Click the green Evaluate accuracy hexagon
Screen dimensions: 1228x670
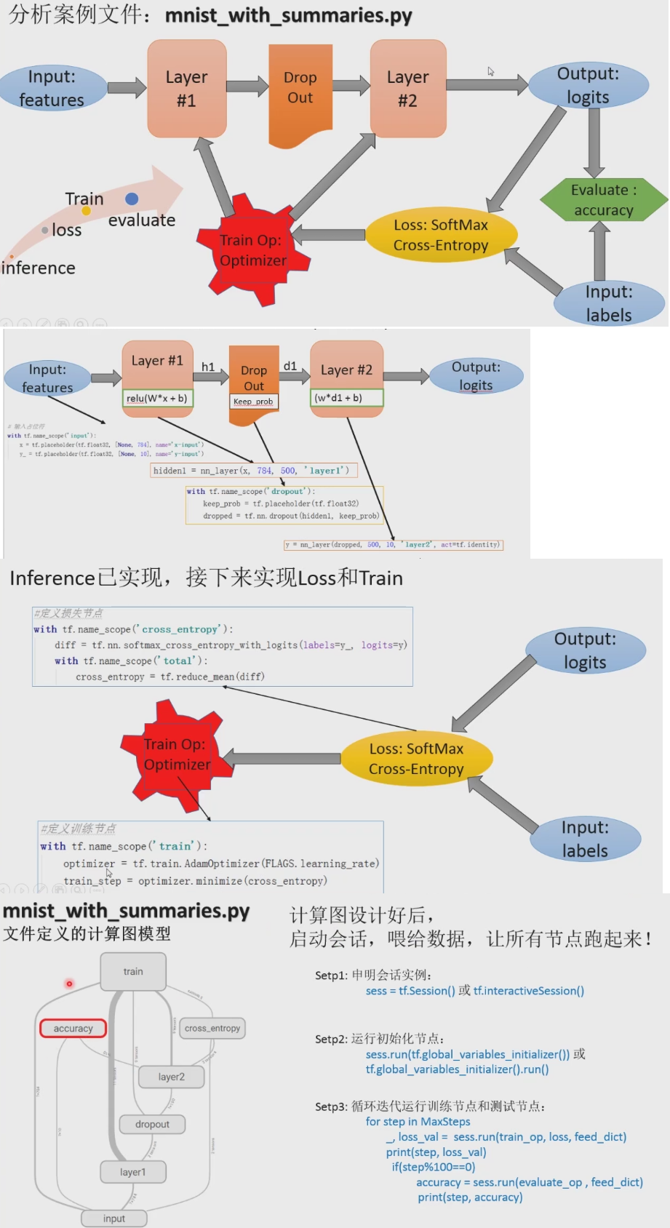tap(603, 200)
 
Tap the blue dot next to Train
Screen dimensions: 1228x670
tap(132, 199)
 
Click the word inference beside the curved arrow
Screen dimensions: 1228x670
tap(39, 268)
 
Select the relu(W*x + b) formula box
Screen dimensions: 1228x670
tap(157, 398)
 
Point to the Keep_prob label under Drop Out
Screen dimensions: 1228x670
tap(253, 402)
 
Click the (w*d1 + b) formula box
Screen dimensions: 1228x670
tap(346, 398)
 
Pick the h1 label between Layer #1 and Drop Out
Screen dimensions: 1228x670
tap(208, 367)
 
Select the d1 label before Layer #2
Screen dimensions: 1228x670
tap(290, 366)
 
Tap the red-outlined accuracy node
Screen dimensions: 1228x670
tap(73, 1029)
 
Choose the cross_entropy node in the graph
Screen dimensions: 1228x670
tap(212, 1028)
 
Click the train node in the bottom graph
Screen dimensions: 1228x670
tap(133, 972)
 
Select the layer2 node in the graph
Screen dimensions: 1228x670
tap(171, 1077)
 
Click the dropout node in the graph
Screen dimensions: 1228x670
tap(152, 1124)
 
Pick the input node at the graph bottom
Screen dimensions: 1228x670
tap(113, 1219)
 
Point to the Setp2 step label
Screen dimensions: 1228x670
tap(331, 1040)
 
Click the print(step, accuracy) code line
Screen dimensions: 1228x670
tap(470, 1197)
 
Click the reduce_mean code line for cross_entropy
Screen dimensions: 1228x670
tap(170, 677)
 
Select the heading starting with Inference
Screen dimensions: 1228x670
tap(206, 578)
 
